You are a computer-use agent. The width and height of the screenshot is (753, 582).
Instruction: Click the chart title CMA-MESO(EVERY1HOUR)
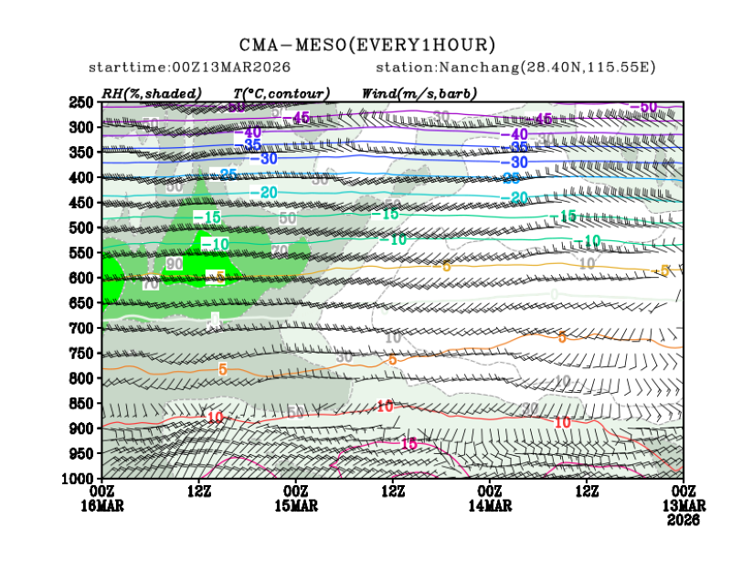click(x=367, y=45)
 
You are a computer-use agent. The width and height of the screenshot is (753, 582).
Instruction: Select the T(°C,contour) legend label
click(x=281, y=92)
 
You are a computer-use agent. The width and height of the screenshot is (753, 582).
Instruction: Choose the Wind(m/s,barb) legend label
click(x=419, y=92)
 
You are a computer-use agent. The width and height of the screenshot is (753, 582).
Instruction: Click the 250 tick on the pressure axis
click(x=82, y=102)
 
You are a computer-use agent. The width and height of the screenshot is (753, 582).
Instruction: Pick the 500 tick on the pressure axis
click(x=82, y=228)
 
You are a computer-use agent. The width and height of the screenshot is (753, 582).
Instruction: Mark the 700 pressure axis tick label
click(x=82, y=328)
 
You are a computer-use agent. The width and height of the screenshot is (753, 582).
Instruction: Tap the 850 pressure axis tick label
click(x=82, y=403)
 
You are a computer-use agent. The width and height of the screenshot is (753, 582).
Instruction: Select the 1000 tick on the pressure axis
click(x=80, y=478)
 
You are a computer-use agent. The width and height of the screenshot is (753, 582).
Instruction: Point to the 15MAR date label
click(x=296, y=505)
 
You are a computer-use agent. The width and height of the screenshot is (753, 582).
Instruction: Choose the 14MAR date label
click(x=491, y=505)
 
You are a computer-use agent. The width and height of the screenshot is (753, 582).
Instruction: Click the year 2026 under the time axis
click(x=684, y=520)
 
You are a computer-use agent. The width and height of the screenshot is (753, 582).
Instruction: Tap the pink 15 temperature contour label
click(x=409, y=443)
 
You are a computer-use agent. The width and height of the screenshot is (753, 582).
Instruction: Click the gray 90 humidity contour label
click(x=173, y=264)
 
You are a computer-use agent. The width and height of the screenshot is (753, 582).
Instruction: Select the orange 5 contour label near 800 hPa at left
click(x=222, y=370)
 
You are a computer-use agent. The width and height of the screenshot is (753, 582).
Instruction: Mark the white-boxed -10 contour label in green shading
click(x=215, y=244)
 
